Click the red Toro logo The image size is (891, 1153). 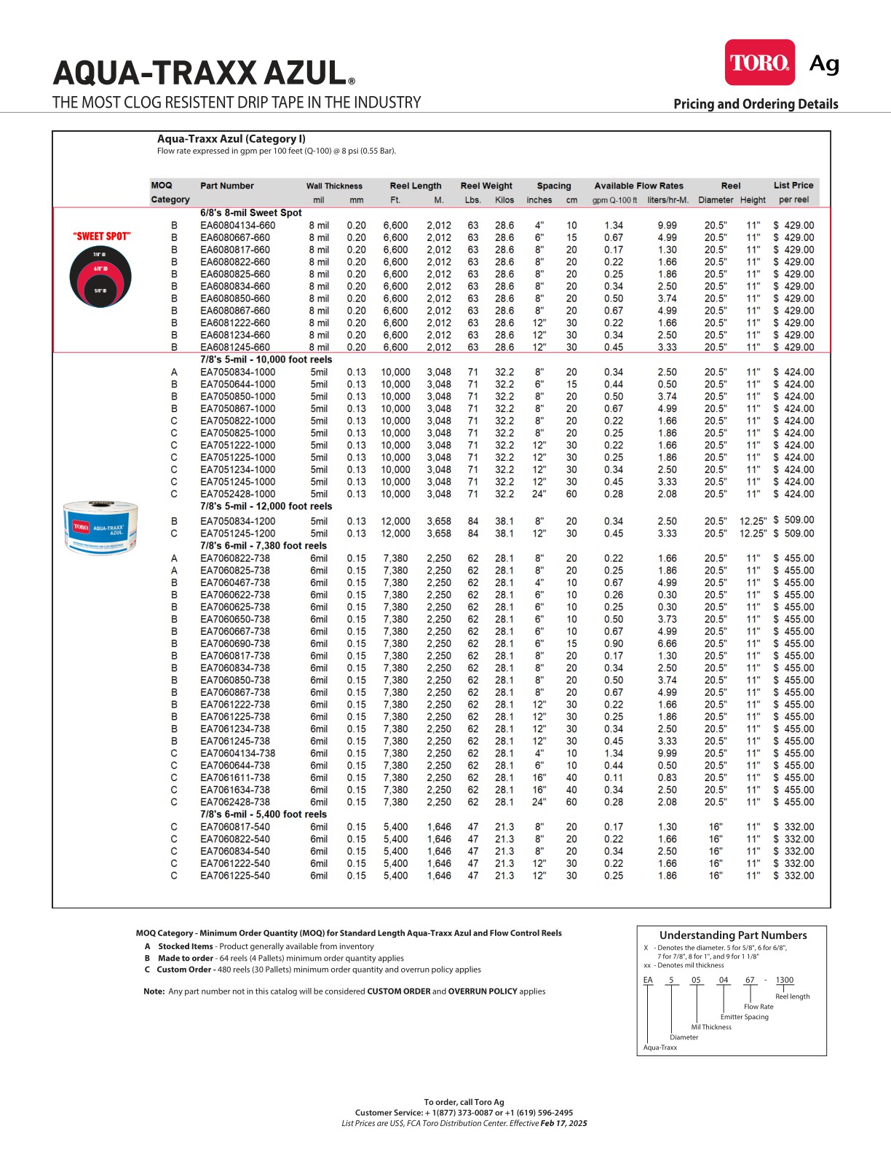(759, 63)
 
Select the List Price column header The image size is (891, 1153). (793, 186)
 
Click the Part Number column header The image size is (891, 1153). (227, 186)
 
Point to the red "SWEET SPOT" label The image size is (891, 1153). (102, 237)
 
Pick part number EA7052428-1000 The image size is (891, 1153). (237, 494)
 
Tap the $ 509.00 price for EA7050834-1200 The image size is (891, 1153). (793, 520)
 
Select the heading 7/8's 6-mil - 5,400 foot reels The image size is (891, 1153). (264, 815)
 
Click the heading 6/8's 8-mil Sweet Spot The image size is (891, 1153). (250, 213)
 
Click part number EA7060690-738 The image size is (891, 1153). (234, 644)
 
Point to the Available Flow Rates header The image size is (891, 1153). (638, 186)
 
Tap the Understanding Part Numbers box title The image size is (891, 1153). (732, 935)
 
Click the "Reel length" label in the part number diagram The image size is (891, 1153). (792, 997)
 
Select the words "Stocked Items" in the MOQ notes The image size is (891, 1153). (186, 947)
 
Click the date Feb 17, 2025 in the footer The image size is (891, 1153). (563, 1123)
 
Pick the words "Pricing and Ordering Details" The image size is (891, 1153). (756, 104)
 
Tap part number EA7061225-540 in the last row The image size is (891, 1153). (234, 876)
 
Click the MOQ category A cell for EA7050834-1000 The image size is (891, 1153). (174, 372)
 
